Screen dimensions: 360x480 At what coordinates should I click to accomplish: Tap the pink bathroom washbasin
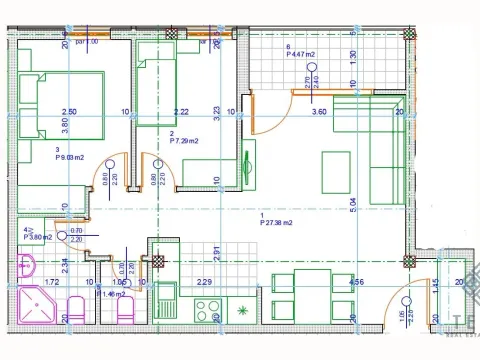(27, 265)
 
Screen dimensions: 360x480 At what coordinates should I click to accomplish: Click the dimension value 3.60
(319, 112)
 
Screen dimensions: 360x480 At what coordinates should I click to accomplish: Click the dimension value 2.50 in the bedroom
(69, 111)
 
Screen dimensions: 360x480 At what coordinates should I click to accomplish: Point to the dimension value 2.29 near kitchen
(203, 283)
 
